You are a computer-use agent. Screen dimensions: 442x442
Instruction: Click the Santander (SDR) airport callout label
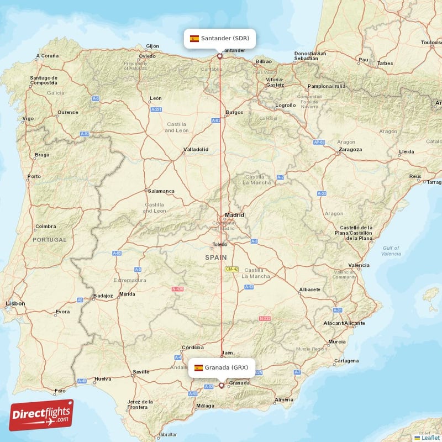[x=219, y=39]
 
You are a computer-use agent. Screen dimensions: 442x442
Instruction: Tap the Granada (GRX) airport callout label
[x=222, y=367]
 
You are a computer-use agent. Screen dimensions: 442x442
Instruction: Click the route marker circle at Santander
[x=219, y=56]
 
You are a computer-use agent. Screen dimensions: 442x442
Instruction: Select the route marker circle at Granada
[x=222, y=385]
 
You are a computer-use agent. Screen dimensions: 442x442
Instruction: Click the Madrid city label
[x=234, y=215]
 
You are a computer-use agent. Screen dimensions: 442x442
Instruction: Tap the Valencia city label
[x=359, y=265]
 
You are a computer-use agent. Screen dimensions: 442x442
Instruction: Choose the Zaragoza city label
[x=350, y=149]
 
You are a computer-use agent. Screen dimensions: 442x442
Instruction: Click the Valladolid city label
[x=196, y=149]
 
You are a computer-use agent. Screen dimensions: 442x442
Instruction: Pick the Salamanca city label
[x=161, y=191]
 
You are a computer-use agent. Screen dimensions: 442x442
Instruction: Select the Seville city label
[x=141, y=371]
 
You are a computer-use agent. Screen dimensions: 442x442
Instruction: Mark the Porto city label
[x=34, y=176]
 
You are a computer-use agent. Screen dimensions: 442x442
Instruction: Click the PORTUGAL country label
[x=49, y=240]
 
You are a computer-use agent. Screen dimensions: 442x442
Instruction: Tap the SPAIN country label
[x=216, y=257]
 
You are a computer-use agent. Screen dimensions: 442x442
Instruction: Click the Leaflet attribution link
[x=430, y=438]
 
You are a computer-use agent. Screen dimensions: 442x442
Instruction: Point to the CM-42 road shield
[x=231, y=269]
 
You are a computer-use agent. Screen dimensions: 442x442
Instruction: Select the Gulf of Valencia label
[x=391, y=251]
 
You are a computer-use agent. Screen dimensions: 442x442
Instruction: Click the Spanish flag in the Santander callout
[x=194, y=39]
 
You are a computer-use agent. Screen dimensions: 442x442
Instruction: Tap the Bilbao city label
[x=264, y=61]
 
